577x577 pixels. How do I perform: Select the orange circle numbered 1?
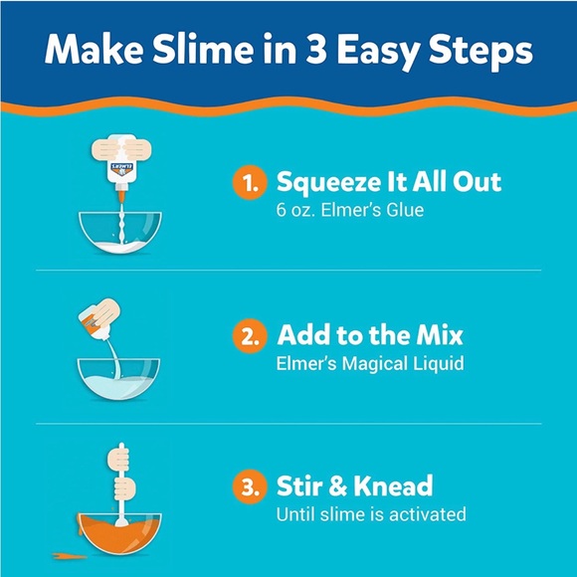249,182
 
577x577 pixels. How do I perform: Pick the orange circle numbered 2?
249,335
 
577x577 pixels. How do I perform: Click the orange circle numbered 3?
249,487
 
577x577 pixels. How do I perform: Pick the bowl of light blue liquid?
119,378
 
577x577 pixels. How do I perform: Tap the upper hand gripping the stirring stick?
120,459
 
